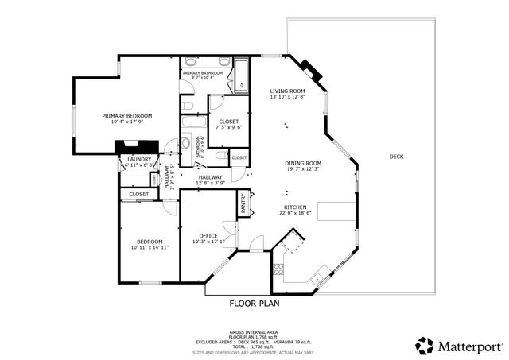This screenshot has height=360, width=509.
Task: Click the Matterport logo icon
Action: [425, 346]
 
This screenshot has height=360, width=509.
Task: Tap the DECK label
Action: [396, 157]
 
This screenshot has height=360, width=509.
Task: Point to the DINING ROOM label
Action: [303, 163]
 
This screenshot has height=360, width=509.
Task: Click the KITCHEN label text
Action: [295, 207]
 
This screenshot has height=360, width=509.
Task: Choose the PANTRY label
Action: [243, 206]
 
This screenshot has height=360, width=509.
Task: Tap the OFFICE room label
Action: [208, 236]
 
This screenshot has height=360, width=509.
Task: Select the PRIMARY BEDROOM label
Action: [126, 116]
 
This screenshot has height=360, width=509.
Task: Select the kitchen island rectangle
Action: [334, 211]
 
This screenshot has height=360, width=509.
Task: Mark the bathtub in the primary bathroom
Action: [239, 78]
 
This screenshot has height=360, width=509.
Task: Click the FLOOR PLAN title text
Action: [254, 303]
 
